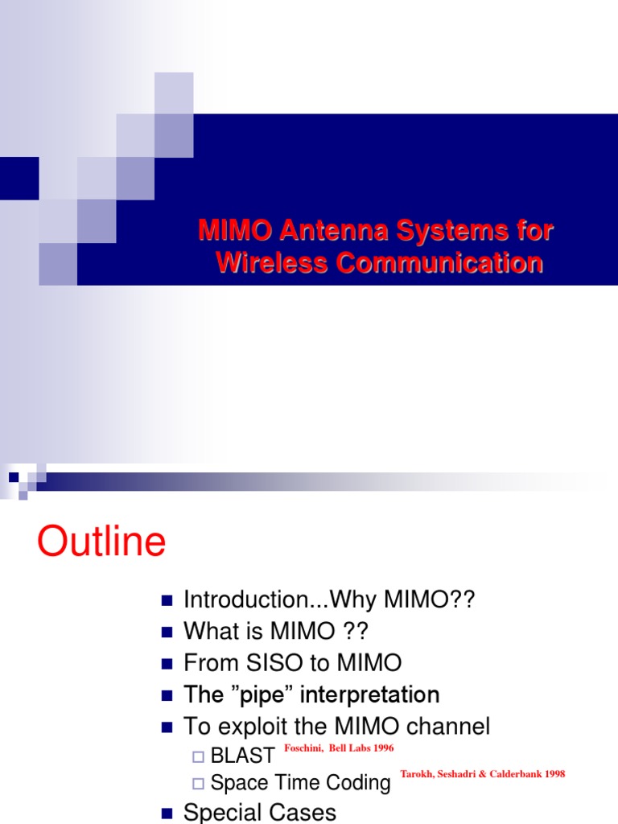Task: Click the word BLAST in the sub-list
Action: click(242, 756)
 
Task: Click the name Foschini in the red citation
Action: click(304, 748)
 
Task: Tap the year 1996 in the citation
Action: click(381, 748)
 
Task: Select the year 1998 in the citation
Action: click(554, 774)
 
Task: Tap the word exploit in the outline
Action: click(252, 727)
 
